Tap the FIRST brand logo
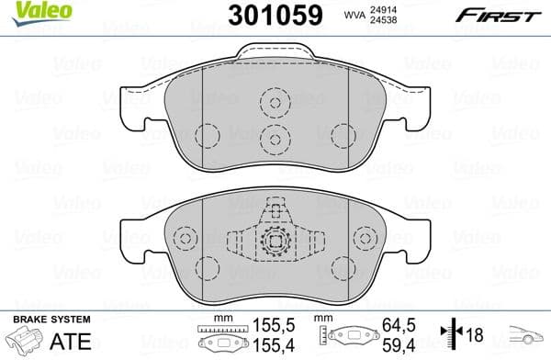[501, 15]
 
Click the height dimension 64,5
[397, 325]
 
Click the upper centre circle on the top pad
[273, 103]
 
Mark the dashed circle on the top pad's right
[336, 134]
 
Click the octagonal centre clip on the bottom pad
[274, 243]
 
